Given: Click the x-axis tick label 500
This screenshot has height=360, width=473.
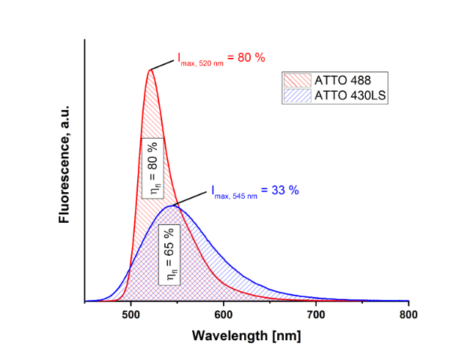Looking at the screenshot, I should [131, 314].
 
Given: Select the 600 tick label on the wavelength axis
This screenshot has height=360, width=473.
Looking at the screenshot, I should [224, 314].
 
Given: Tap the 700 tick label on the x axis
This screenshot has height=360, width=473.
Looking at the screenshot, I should [316, 314].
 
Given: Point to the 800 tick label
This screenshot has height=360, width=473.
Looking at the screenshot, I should [408, 314].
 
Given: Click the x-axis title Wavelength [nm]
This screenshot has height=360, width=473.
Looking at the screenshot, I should [246, 336].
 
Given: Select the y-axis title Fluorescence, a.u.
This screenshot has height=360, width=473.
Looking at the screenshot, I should [65, 164].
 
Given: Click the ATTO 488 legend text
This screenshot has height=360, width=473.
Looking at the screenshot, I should [345, 81].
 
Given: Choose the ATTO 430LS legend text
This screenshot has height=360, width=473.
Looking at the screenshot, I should [351, 95].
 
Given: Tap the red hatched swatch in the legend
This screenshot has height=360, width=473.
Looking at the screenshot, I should [298, 81].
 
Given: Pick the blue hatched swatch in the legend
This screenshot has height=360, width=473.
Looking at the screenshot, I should [298, 95].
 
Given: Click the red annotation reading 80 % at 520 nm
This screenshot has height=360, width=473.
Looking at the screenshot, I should [221, 58].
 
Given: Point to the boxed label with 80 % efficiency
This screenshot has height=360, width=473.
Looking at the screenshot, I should [153, 166].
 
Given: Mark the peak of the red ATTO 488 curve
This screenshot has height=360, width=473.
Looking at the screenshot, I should [150, 70].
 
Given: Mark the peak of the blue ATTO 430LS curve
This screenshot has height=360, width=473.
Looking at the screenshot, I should [172, 205].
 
